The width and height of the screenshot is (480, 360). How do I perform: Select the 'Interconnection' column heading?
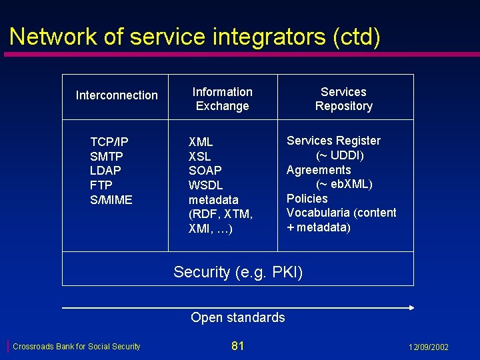click(117, 95)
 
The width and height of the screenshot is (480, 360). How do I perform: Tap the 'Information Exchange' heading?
click(222, 99)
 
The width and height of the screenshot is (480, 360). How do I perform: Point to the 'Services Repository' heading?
click(343, 99)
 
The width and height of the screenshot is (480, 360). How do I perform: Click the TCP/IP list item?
click(109, 141)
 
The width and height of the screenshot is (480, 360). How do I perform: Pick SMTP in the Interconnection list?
click(107, 156)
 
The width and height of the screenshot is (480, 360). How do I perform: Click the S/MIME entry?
click(111, 200)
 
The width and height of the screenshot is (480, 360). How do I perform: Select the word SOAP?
click(205, 171)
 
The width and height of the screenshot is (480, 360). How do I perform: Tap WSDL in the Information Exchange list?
click(206, 185)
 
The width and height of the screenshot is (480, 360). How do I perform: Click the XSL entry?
click(199, 156)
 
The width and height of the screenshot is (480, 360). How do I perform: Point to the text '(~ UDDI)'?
click(339, 155)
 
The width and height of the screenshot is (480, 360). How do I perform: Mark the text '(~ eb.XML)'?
click(344, 184)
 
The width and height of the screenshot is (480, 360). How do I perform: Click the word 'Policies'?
click(307, 199)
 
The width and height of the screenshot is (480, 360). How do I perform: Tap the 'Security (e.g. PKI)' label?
click(238, 272)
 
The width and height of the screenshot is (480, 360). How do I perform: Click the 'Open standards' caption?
click(237, 317)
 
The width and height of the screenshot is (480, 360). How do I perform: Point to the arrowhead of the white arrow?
click(411, 307)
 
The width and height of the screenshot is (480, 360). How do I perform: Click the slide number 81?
click(237, 345)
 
